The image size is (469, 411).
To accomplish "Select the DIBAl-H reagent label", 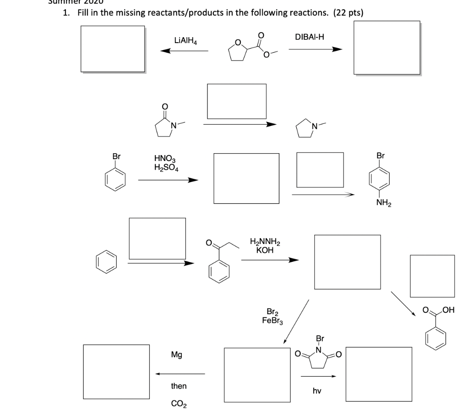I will point(310,36).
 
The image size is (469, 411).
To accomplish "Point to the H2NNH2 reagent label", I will point(265,242).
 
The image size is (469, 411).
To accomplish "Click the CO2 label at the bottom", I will point(178,404).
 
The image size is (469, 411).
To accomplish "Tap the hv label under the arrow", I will point(317,391).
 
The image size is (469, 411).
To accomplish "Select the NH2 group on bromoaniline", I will point(383,202).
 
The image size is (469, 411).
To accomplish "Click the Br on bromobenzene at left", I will point(116,156).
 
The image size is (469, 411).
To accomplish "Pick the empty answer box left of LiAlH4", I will point(113,48).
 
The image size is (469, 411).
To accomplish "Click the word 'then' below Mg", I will point(179,386).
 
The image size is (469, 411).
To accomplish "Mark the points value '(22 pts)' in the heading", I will point(349,13).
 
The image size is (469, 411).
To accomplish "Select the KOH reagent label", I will point(265,250).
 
